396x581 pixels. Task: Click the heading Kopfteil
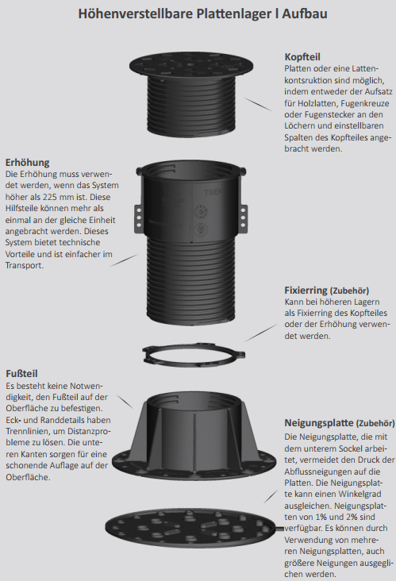coord(302,57)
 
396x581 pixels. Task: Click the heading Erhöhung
coord(27,163)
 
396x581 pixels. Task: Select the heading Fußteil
coord(21,374)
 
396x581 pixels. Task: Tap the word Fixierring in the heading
coord(306,290)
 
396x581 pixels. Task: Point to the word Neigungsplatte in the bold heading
coord(319,423)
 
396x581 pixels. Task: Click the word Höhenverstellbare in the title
coord(136,13)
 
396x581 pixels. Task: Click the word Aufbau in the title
coord(305,13)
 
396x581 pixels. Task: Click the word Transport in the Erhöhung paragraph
coord(24,265)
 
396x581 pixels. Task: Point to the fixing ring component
coord(194,355)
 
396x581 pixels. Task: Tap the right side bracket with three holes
coord(243,219)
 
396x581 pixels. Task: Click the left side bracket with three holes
coord(139,219)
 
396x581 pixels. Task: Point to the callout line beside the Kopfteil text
coord(258,104)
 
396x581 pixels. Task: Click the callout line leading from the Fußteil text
coord(125,402)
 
